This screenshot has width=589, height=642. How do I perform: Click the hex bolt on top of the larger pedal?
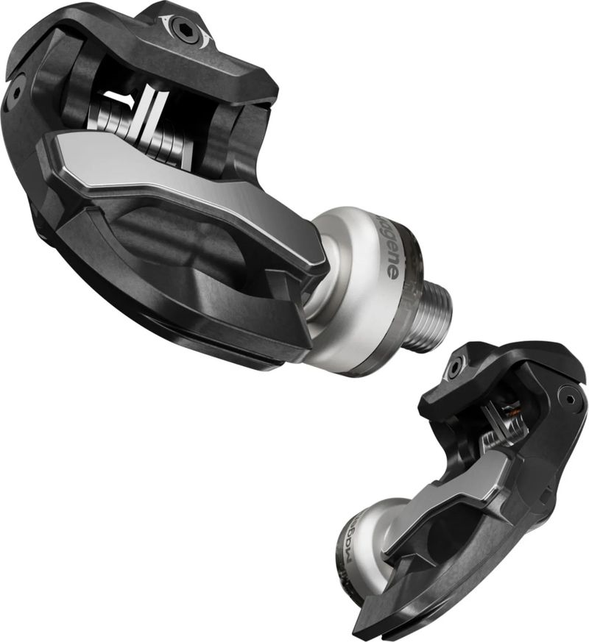tap(183, 28)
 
